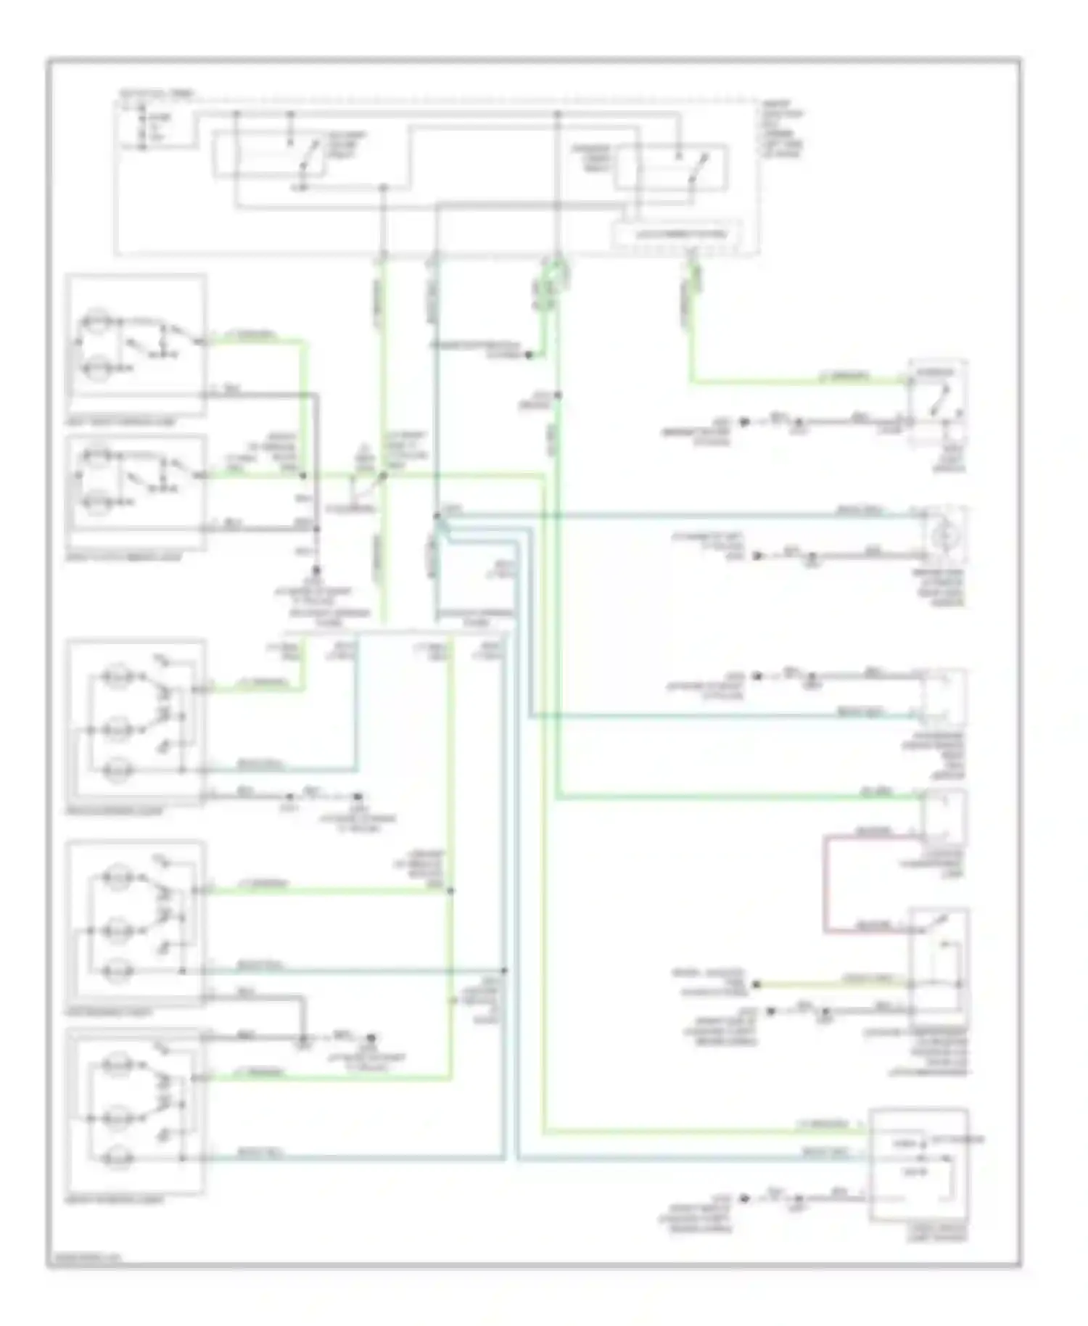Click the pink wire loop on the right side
click(824, 884)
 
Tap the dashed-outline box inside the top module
click(677, 234)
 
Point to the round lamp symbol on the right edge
click(944, 536)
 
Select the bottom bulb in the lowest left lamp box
click(116, 1158)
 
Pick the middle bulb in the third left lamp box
click(116, 929)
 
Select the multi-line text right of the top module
click(782, 129)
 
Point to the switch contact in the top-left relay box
click(310, 154)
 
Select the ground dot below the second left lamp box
click(316, 571)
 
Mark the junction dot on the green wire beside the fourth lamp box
click(450, 890)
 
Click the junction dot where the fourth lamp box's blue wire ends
click(504, 970)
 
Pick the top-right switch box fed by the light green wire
click(936, 403)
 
